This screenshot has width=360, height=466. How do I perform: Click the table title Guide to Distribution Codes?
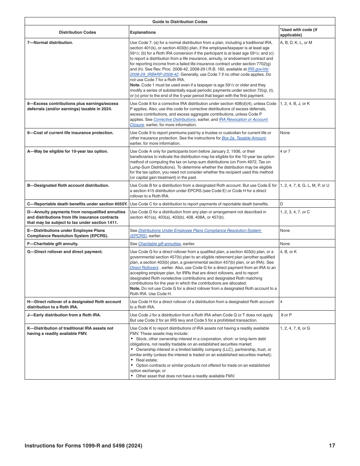(x=180, y=22)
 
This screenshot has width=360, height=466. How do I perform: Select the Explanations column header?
(x=143, y=33)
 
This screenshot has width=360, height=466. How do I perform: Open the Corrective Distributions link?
(x=174, y=120)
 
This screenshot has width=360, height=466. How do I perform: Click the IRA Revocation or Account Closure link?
(x=243, y=120)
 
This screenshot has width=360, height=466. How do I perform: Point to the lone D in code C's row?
(x=282, y=204)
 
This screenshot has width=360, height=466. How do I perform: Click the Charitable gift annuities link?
(x=160, y=244)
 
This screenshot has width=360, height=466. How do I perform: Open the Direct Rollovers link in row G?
(x=144, y=268)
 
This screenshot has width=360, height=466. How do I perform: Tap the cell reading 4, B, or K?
(x=288, y=252)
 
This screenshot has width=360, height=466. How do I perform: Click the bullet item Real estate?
(x=147, y=360)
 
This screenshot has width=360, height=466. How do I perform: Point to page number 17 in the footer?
(x=332, y=446)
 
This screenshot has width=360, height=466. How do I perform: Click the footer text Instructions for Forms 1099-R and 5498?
(x=83, y=446)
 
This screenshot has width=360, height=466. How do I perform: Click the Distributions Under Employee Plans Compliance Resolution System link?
(x=200, y=231)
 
